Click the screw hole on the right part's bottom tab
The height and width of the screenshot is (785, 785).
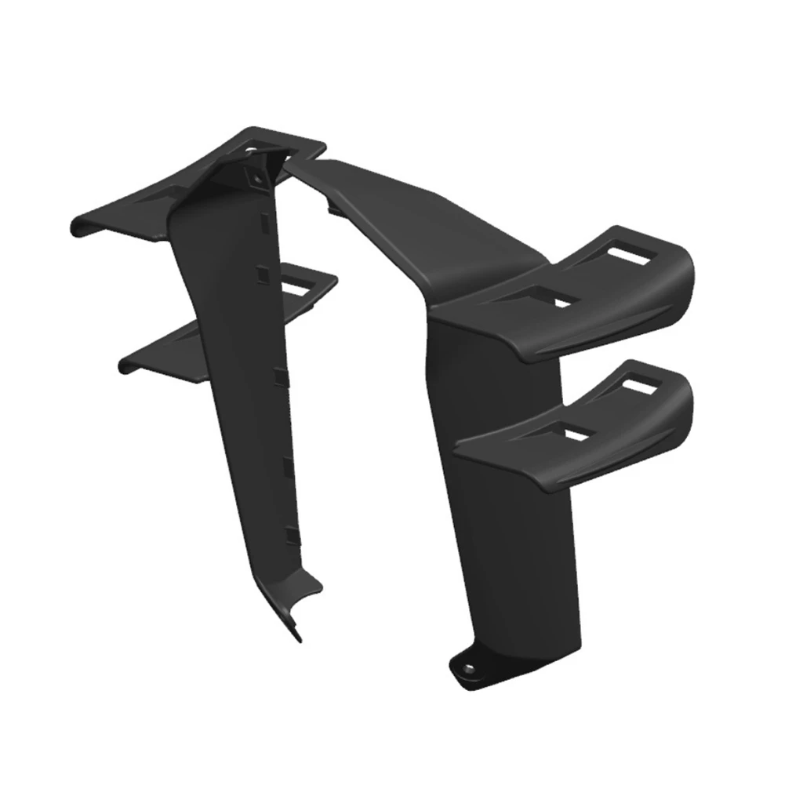click(x=469, y=668)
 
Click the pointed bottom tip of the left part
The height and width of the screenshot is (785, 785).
click(x=298, y=636)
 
